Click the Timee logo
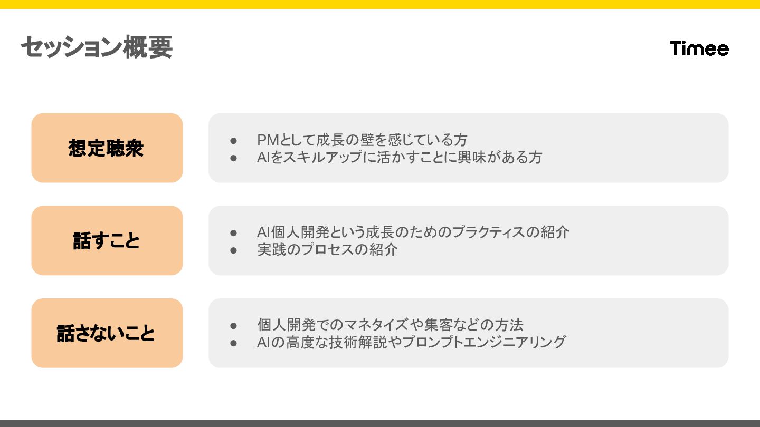[x=699, y=48]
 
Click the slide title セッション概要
[x=97, y=48]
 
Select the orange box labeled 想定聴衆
[x=107, y=148]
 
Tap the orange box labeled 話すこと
[x=107, y=240]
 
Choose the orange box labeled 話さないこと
[x=107, y=333]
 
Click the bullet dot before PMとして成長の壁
[x=234, y=141]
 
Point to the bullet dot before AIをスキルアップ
[x=234, y=158]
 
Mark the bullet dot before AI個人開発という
[x=234, y=233]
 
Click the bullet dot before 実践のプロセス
[x=234, y=250]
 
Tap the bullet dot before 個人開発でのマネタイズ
[x=234, y=325]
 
